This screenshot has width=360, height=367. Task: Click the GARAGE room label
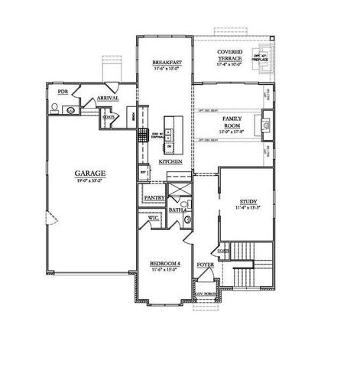click(x=90, y=174)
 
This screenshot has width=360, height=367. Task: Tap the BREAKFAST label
click(x=166, y=62)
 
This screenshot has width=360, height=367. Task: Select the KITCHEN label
click(x=170, y=163)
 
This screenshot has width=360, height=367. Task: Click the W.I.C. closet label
click(x=153, y=219)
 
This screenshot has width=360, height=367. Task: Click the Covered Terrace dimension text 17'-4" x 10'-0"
click(x=229, y=64)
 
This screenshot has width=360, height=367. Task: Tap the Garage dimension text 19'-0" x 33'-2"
click(x=90, y=182)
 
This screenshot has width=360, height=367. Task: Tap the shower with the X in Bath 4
click(x=178, y=191)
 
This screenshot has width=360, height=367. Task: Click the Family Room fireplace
click(x=266, y=122)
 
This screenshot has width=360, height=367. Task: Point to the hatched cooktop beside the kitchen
click(x=143, y=135)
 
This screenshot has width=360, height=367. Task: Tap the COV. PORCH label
click(x=204, y=293)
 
